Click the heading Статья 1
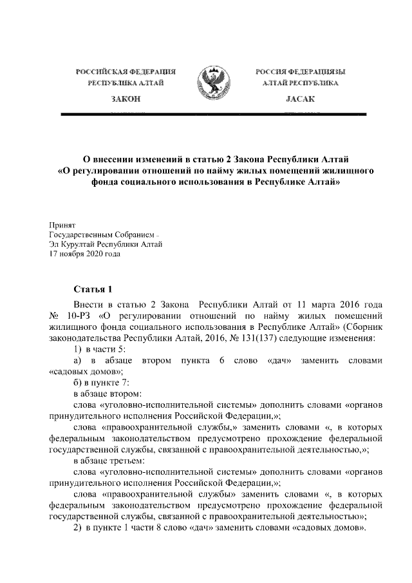93,289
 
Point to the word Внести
88,304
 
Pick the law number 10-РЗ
79,316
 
